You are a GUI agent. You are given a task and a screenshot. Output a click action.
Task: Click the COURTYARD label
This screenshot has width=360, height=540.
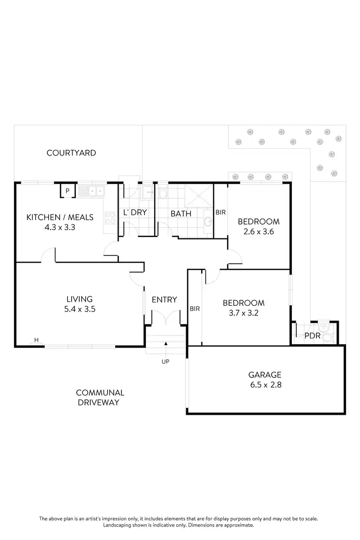pos(71,153)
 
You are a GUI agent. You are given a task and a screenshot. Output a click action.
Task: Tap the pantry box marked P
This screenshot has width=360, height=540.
pos(67,191)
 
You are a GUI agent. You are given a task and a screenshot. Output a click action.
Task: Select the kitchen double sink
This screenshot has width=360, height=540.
pos(92,192)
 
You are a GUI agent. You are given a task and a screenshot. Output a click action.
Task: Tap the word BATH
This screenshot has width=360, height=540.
pos(181,214)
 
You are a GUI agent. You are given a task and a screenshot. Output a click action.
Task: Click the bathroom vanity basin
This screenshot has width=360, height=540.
pos(208,221)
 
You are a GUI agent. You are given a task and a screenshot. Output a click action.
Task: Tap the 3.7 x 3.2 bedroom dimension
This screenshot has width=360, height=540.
pos(243,313)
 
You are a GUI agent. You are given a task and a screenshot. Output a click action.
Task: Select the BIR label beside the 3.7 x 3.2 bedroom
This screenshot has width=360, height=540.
pos(194,309)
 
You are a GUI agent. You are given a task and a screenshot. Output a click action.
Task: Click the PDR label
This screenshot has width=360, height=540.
pos(312,336)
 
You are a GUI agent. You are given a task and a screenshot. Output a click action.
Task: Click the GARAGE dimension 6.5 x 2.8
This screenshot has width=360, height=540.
pos(265,384)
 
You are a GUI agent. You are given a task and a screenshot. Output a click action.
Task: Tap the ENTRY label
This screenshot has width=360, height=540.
pos(164,300)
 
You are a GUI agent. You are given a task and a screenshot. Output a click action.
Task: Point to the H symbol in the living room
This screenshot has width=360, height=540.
pos(36,341)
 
